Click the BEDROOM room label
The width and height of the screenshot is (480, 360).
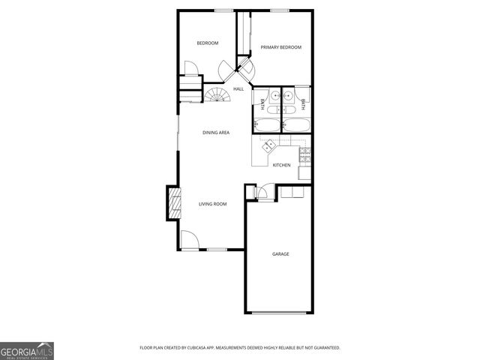(x=207, y=43)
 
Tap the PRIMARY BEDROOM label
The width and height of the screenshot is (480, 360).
(x=280, y=47)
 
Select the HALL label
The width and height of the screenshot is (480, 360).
(x=238, y=89)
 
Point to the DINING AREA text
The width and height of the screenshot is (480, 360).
(x=216, y=133)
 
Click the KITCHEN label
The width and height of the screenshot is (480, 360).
(x=281, y=165)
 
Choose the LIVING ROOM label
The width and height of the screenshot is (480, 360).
(x=212, y=204)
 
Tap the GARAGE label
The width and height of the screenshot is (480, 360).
(x=280, y=254)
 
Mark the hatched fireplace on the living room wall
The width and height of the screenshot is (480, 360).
(x=174, y=202)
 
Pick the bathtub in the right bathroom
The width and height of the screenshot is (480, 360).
(x=295, y=124)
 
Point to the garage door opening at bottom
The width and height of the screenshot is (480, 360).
(x=280, y=313)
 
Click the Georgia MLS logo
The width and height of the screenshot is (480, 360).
(x=26, y=350)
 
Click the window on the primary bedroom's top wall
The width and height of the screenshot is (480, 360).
(x=280, y=10)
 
